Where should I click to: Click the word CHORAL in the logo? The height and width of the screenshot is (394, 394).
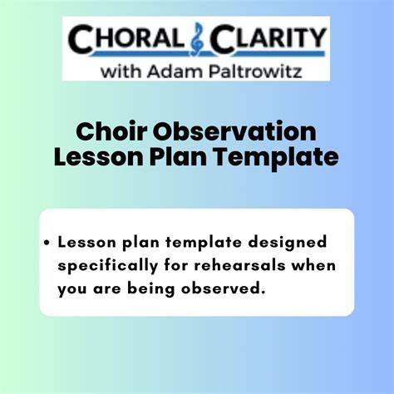pos(126,38)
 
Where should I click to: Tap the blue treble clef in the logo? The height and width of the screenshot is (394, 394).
pos(197,39)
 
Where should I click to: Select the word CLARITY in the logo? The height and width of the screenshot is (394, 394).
pos(268,38)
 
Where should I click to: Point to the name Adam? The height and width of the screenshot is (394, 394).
pos(175,71)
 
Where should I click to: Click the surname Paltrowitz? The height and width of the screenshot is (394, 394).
pos(255,71)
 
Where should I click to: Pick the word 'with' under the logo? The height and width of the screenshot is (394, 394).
pos(121,71)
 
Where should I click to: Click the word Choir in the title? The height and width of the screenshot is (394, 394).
pos(111,131)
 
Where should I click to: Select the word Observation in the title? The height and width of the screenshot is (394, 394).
pos(234,131)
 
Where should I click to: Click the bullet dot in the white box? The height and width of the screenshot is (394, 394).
pos(47,243)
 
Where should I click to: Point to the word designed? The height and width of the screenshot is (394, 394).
pos(288,244)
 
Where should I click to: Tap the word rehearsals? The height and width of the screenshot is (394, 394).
pos(239,265)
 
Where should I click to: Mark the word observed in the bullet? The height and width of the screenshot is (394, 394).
pos(222,288)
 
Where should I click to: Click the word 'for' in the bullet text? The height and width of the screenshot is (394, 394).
pos(175,265)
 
